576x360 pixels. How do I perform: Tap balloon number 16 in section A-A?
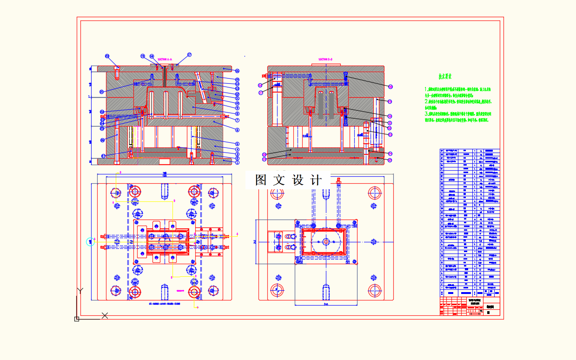coord(237,71)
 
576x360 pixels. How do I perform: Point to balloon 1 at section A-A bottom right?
coord(237,163)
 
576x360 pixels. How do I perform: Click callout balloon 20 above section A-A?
coord(107,56)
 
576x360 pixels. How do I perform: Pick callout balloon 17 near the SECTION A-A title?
coord(189,54)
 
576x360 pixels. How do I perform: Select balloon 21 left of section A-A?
coord(102,92)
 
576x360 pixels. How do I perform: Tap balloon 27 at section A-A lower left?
coord(103,156)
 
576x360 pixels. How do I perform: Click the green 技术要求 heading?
coord(445,76)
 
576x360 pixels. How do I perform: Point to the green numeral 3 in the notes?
coord(426,113)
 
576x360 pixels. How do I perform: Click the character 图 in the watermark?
coord(261,180)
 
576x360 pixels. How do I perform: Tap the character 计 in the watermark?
coord(316,180)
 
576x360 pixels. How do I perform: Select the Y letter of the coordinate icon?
coord(79,290)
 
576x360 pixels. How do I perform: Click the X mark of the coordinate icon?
coord(105,315)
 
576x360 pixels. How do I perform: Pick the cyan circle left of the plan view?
coord(90,241)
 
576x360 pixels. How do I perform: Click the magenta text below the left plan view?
coord(164,304)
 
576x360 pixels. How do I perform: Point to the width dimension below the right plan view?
coord(326,304)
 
